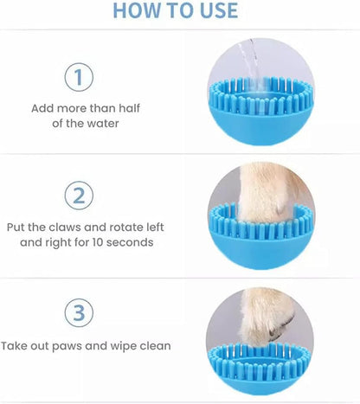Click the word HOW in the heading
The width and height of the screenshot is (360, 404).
tap(137, 11)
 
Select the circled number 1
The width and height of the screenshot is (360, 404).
tap(79, 78)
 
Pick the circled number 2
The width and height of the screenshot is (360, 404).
tap(79, 196)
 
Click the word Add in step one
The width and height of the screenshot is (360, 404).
tap(43, 109)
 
